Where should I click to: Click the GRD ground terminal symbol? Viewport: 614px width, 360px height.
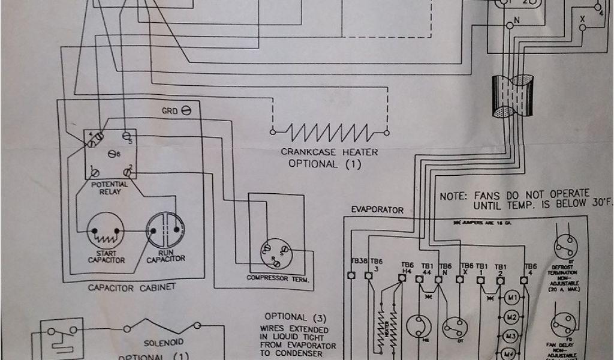tap(186, 112)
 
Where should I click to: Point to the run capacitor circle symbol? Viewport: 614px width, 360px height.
tap(165, 230)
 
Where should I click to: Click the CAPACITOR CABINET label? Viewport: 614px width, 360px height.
tap(131, 287)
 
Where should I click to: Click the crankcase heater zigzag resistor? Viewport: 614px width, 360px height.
tap(329, 131)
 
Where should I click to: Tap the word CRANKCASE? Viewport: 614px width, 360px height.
tap(308, 152)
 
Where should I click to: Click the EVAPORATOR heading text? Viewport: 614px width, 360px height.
tap(377, 209)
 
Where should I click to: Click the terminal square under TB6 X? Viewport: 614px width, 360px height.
tap(463, 278)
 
